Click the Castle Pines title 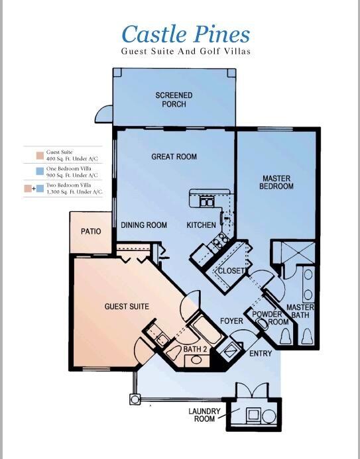click(186, 34)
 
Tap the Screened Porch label click(174, 100)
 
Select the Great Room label click(174, 157)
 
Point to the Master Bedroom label click(276, 182)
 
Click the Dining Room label click(144, 225)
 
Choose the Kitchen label click(201, 225)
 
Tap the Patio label click(91, 232)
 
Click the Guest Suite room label click(127, 307)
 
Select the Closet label click(232, 271)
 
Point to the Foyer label click(232, 321)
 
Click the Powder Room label click(268, 317)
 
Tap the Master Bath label click(300, 311)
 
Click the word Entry click(261, 354)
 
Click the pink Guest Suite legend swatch click(30, 156)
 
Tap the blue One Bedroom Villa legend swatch click(30, 172)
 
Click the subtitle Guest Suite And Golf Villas click(186, 51)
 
